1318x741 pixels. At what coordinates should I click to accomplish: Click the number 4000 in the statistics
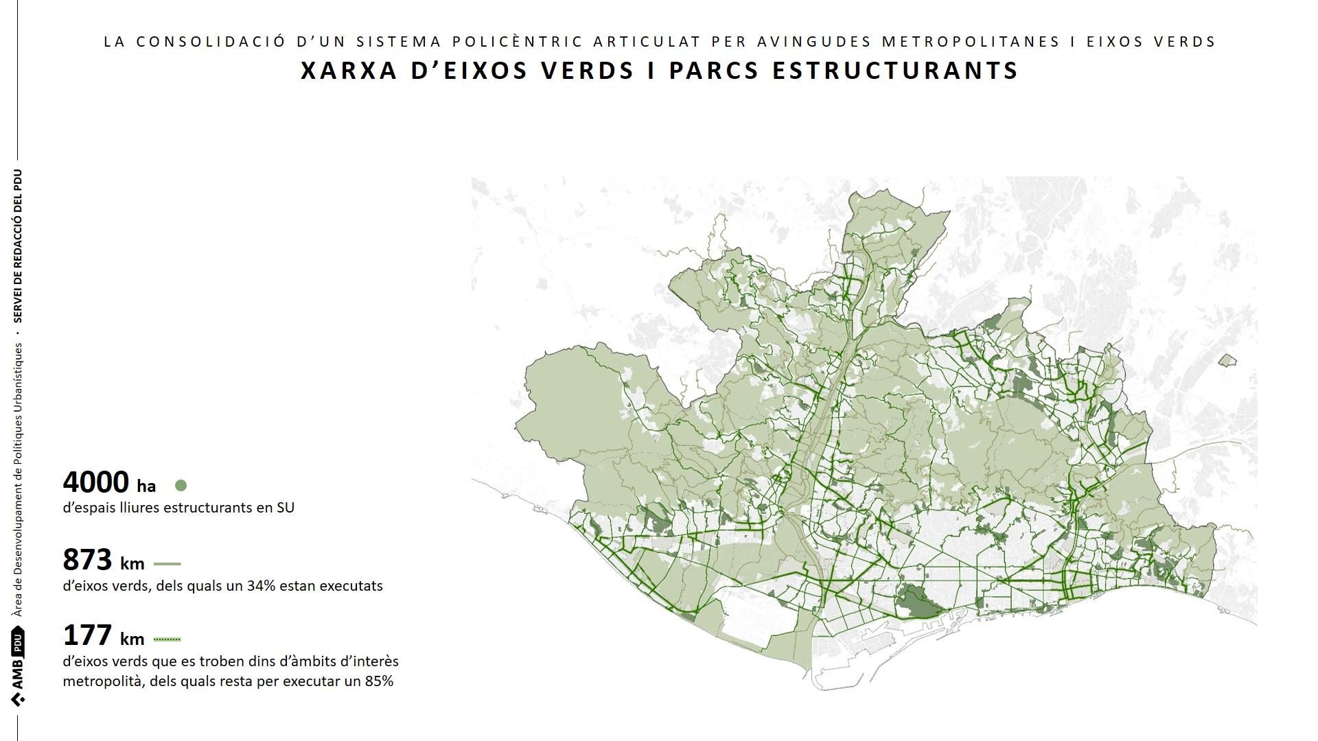pos(95,482)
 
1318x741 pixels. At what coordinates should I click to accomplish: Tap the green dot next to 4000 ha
pos(181,486)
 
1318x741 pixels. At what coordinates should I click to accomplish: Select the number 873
pos(87,560)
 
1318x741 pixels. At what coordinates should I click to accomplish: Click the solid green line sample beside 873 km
pos(167,564)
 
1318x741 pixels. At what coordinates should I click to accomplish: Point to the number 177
pos(87,635)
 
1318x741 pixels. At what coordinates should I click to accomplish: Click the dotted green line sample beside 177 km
pos(167,639)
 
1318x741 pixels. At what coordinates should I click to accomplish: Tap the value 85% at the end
pos(379,681)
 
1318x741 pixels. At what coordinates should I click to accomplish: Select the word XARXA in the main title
pos(349,71)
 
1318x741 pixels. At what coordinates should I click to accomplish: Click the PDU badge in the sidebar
pos(18,644)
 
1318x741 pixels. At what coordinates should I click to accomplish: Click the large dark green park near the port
pos(920,602)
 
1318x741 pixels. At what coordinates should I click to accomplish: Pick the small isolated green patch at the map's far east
pos(1227,360)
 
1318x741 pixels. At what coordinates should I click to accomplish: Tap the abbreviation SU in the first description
pos(286,508)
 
